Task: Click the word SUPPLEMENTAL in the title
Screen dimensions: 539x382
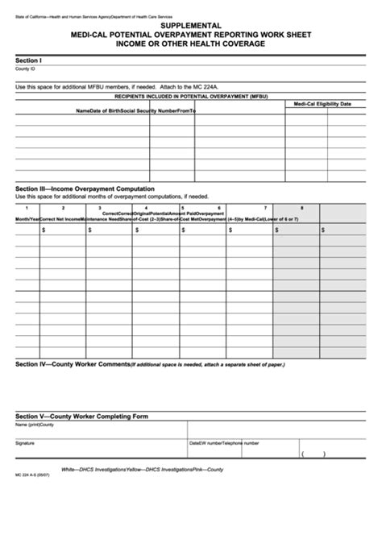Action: pos(192,26)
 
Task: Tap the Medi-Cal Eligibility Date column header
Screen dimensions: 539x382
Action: pos(322,104)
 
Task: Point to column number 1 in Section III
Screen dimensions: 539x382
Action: pos(27,209)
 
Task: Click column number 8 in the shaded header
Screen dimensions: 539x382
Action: pos(302,209)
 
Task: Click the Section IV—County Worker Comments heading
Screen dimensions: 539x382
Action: pos(73,364)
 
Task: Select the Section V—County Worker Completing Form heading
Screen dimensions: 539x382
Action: pos(82,416)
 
